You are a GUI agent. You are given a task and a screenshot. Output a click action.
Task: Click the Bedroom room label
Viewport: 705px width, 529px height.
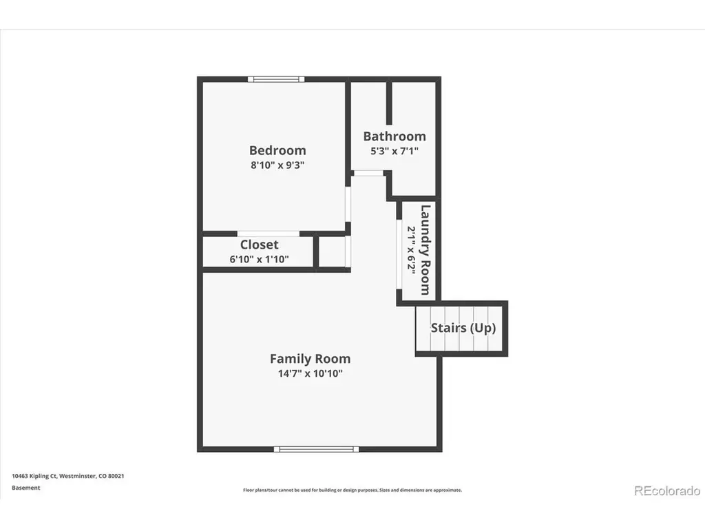coord(277,150)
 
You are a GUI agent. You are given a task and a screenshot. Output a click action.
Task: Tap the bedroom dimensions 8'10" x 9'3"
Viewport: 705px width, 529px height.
coord(277,165)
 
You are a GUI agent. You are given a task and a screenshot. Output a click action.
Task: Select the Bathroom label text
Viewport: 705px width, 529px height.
coord(394,136)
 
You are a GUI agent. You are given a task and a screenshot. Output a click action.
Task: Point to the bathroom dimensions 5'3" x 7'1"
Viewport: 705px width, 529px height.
coord(394,151)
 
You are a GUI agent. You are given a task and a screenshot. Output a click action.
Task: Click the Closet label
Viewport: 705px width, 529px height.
coord(259,245)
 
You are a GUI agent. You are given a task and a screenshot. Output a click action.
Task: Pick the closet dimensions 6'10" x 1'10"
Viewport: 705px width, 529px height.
coord(259,259)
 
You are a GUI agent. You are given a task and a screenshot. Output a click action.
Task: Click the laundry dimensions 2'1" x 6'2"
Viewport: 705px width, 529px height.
coord(411,249)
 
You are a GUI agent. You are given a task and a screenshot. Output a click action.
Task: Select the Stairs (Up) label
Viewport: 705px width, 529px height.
coord(463,328)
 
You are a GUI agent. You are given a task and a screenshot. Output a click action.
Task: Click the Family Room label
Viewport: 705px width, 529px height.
coord(311,359)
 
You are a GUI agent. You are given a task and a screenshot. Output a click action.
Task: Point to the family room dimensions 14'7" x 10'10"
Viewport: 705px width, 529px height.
coord(311,373)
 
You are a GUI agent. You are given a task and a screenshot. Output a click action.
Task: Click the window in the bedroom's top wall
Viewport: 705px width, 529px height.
coord(276,80)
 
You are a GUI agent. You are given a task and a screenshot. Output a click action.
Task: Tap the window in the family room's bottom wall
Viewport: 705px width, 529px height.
coord(317,449)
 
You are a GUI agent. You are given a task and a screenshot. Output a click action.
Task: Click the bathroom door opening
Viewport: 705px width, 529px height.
coord(368,173)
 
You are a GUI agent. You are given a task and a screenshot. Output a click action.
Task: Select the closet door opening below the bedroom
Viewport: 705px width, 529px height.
coord(269,234)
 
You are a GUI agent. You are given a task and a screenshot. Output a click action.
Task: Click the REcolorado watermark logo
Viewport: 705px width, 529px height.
coord(667,490)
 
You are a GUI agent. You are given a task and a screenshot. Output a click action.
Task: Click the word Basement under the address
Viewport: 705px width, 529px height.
coord(25,488)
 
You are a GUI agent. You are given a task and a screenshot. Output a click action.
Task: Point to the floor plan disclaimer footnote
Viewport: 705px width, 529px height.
coord(352,490)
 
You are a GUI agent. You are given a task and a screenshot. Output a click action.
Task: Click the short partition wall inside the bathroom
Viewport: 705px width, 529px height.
coord(389,103)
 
